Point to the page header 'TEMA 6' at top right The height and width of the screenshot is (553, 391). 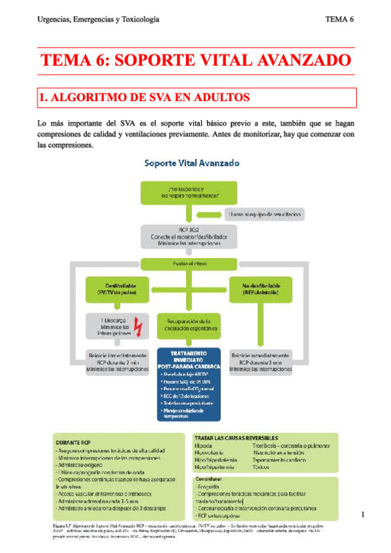[x=339, y=19]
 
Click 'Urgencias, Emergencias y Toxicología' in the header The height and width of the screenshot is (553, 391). [x=98, y=19]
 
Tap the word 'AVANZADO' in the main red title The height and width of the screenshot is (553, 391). [x=298, y=61]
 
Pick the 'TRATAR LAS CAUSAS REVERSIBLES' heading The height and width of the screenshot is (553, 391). [x=236, y=437]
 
